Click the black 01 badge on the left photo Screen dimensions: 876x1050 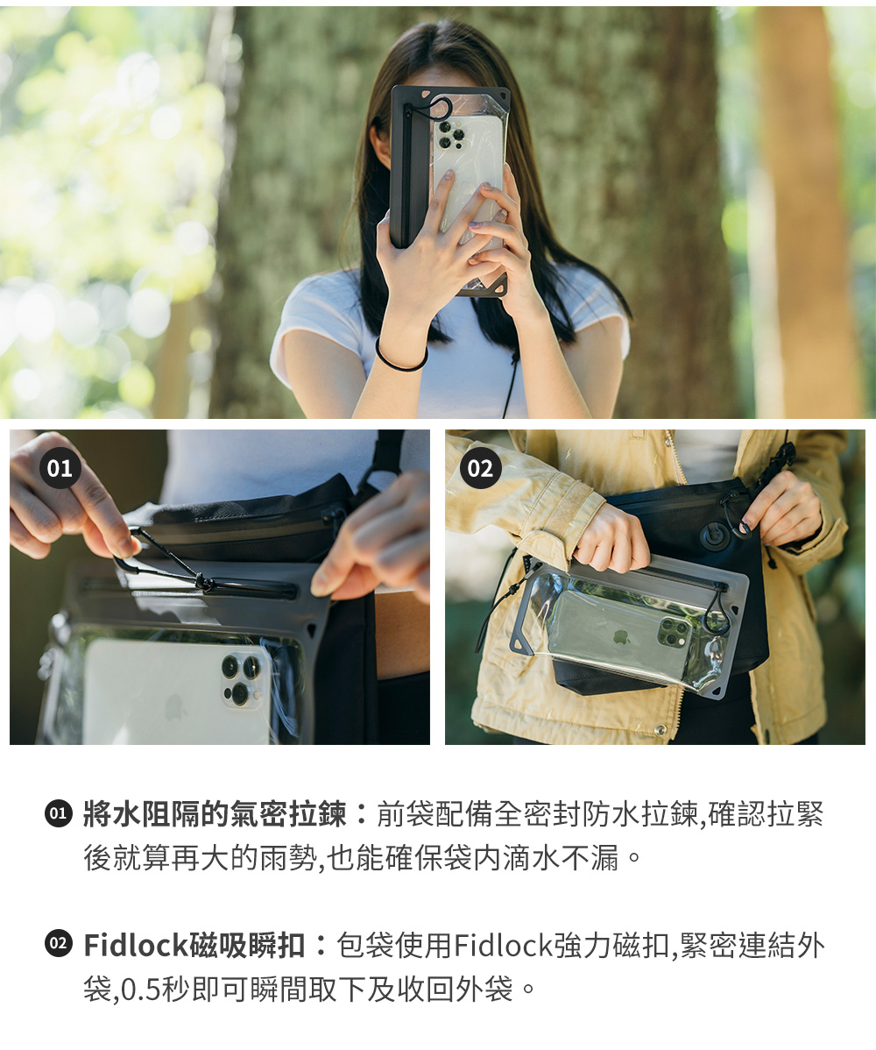[60, 467]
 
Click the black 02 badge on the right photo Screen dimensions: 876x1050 [480, 467]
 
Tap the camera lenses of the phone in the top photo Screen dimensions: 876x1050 [449, 135]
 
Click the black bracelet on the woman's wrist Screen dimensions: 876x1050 [399, 358]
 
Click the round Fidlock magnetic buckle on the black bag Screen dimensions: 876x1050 [713, 535]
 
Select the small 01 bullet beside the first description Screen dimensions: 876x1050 [58, 813]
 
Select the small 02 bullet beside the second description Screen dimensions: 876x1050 [58, 944]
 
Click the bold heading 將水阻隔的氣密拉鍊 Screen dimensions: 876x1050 [215, 814]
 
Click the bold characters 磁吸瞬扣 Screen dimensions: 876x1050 [248, 945]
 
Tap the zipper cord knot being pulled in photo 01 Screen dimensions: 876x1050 [202, 582]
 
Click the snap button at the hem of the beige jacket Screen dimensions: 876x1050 [661, 730]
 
